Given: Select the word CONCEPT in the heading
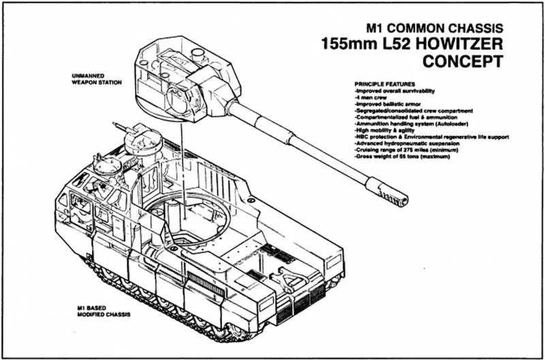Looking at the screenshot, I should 463,62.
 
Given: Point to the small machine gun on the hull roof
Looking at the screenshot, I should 122,128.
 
